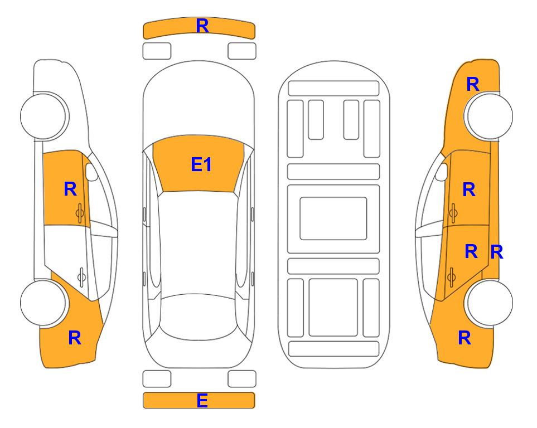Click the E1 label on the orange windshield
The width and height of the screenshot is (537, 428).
point(201,164)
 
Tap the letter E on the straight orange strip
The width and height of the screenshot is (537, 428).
point(202,400)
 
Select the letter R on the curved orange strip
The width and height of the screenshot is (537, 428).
point(202,26)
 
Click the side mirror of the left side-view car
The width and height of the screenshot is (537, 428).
point(91,172)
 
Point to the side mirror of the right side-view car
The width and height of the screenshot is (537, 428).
point(442,172)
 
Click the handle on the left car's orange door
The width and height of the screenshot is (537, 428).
point(80,213)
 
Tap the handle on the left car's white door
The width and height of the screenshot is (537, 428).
point(81,276)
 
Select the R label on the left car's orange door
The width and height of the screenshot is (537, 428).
point(70,189)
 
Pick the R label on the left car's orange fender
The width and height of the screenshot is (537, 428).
point(75,338)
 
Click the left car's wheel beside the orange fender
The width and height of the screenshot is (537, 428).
point(43,303)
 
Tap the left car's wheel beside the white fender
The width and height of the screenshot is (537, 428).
point(43,116)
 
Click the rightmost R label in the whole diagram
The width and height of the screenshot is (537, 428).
point(497,252)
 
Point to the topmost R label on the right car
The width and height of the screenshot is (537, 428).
point(473,84)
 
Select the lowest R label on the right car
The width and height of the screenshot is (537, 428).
point(465,338)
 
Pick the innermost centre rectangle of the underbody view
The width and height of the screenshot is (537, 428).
point(333,218)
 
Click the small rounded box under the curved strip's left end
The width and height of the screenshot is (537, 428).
point(157,51)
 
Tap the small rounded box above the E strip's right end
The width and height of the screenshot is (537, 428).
point(242,379)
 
